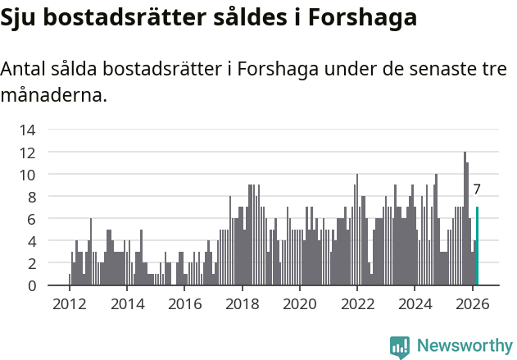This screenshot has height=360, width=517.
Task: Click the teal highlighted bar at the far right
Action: [x=477, y=246]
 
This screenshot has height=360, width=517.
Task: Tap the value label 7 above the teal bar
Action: [x=477, y=189]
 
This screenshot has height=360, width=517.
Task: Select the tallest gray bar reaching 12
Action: [x=465, y=218]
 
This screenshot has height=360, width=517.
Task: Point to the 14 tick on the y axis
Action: [x=27, y=130]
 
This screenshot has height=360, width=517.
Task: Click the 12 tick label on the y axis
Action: [x=27, y=153]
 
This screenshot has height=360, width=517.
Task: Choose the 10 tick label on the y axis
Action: [x=27, y=175]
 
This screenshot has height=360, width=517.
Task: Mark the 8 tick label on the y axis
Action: [x=30, y=197]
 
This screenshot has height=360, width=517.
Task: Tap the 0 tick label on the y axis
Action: [x=30, y=285]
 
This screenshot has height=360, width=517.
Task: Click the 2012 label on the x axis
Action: [x=69, y=303]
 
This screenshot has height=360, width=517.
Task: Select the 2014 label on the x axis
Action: [x=126, y=303]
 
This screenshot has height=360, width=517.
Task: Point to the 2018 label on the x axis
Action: [x=242, y=303]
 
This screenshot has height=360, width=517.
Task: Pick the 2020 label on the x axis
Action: [x=299, y=303]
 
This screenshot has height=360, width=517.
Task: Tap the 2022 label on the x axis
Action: [x=356, y=303]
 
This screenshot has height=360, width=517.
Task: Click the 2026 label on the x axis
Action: [x=472, y=303]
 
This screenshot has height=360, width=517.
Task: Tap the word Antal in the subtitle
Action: [x=25, y=69]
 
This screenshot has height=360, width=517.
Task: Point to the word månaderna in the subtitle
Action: [x=54, y=95]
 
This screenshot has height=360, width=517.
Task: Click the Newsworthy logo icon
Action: [x=400, y=346]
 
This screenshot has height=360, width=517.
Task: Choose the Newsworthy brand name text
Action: [x=464, y=346]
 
